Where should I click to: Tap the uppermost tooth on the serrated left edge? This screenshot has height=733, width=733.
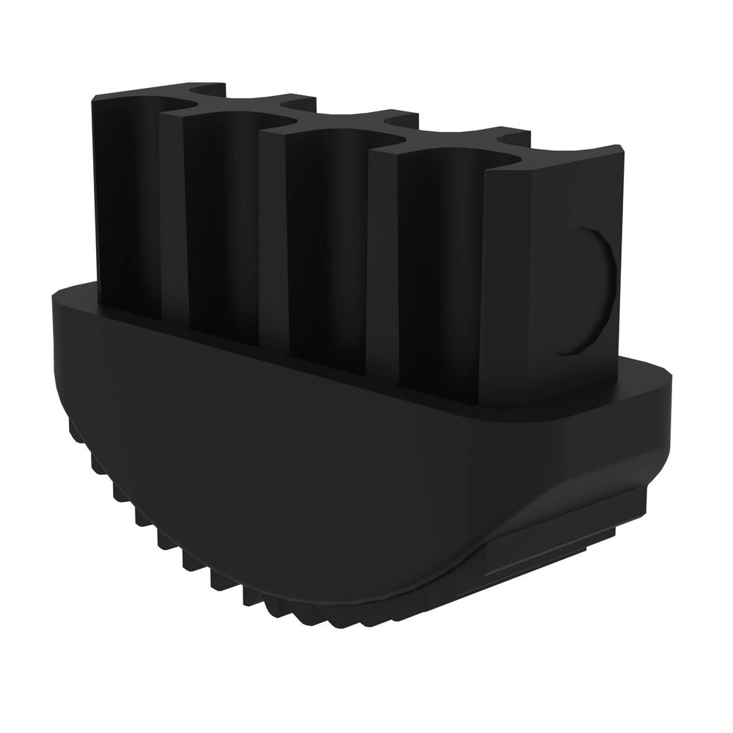tap(73, 425)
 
